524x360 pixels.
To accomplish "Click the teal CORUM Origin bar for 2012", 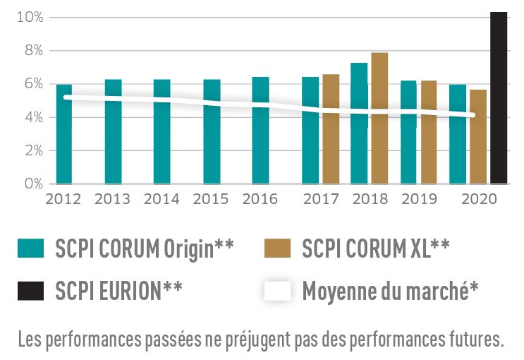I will (64, 134).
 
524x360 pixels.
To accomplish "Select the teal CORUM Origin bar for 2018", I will (359, 124).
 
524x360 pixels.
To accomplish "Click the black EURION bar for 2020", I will (499, 98).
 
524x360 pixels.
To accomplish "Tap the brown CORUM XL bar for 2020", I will (478, 137).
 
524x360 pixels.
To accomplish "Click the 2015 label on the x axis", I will (211, 199).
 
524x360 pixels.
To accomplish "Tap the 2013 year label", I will (113, 199).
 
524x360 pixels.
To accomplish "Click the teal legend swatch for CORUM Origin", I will (32, 248).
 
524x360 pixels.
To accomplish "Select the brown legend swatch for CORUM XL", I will (276, 248).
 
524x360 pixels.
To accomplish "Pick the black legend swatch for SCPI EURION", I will (32, 289).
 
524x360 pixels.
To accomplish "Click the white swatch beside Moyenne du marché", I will (276, 289).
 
